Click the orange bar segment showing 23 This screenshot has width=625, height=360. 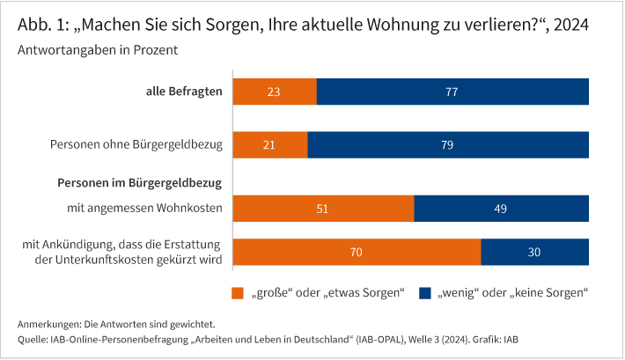(x=274, y=92)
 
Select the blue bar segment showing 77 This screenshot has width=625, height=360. (x=452, y=92)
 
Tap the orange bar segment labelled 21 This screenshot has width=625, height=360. (x=269, y=144)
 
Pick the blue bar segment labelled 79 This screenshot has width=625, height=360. (x=448, y=144)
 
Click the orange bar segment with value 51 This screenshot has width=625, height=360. (x=323, y=209)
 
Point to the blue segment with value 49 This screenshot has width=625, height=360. (x=501, y=209)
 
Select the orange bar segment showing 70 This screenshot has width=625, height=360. (x=357, y=252)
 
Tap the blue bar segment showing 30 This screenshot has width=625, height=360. (x=535, y=252)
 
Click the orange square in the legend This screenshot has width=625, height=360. (x=237, y=292)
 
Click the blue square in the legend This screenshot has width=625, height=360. (x=423, y=292)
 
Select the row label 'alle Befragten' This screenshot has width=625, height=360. (x=183, y=92)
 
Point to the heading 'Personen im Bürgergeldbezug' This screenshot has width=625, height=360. (x=138, y=183)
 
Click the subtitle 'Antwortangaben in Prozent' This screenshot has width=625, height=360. (x=98, y=50)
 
